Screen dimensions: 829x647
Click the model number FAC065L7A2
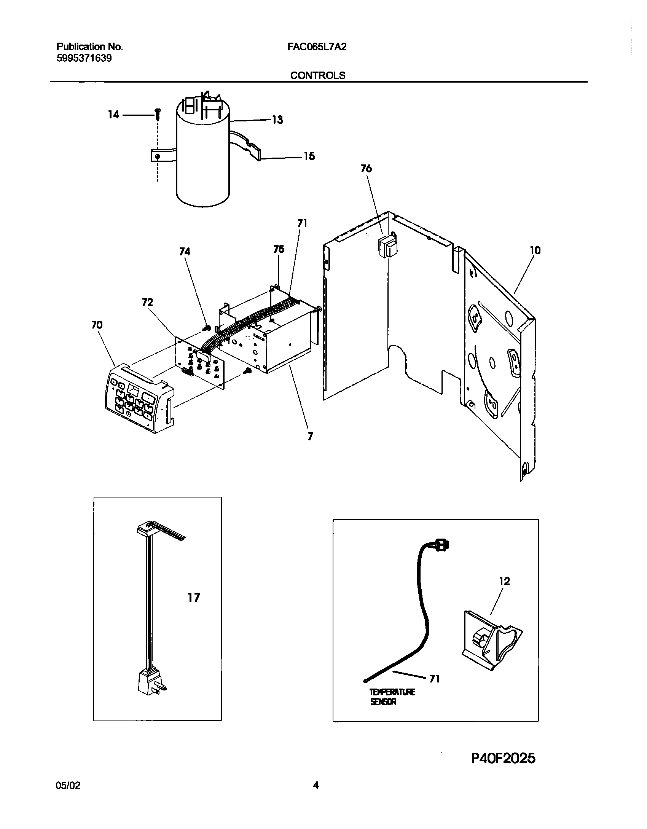tap(317, 47)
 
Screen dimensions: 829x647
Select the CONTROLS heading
tap(318, 75)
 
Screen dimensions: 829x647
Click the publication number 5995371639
tap(84, 59)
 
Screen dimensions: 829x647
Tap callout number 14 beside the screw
tap(113, 115)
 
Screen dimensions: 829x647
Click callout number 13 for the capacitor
tap(277, 120)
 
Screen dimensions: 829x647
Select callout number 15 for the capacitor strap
tap(309, 156)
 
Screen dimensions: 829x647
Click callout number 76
tap(366, 169)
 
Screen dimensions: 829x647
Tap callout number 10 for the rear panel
tap(535, 250)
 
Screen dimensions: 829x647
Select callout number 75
tap(279, 249)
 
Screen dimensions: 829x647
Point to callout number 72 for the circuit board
tap(147, 302)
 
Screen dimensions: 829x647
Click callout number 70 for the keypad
tap(97, 325)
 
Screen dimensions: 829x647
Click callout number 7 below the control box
tap(310, 437)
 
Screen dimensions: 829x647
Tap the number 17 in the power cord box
tap(193, 598)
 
